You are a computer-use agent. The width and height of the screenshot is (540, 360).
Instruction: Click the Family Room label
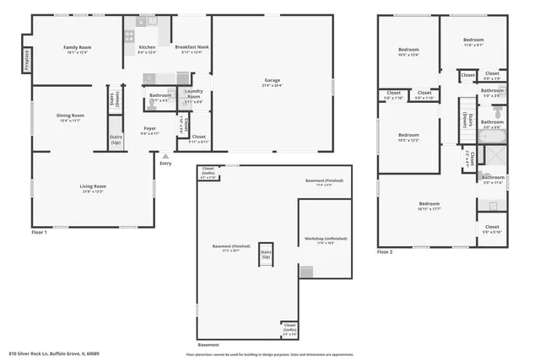tap(77, 47)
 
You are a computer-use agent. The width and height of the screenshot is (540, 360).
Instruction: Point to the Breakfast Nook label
tap(192, 47)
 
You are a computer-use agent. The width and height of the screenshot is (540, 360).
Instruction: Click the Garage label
tap(272, 81)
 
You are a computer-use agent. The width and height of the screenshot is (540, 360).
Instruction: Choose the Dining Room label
tap(70, 116)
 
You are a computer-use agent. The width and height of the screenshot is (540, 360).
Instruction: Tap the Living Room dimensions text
tap(93, 191)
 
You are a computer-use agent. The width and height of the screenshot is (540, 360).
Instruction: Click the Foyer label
tap(148, 130)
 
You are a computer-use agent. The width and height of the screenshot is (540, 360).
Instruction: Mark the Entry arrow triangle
tap(166, 156)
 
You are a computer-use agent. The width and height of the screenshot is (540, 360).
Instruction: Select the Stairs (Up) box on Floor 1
tap(115, 140)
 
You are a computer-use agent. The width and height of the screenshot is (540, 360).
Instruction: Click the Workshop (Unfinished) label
tap(318, 240)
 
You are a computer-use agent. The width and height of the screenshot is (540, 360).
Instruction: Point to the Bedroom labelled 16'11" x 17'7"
tap(429, 203)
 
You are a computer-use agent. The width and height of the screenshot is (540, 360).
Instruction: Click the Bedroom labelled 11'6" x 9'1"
tap(473, 40)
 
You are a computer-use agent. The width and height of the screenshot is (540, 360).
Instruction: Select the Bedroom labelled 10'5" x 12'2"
tap(408, 135)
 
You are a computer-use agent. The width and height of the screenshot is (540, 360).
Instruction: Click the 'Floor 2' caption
tap(385, 252)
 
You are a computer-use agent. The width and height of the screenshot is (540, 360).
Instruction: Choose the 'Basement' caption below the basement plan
tap(208, 346)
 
